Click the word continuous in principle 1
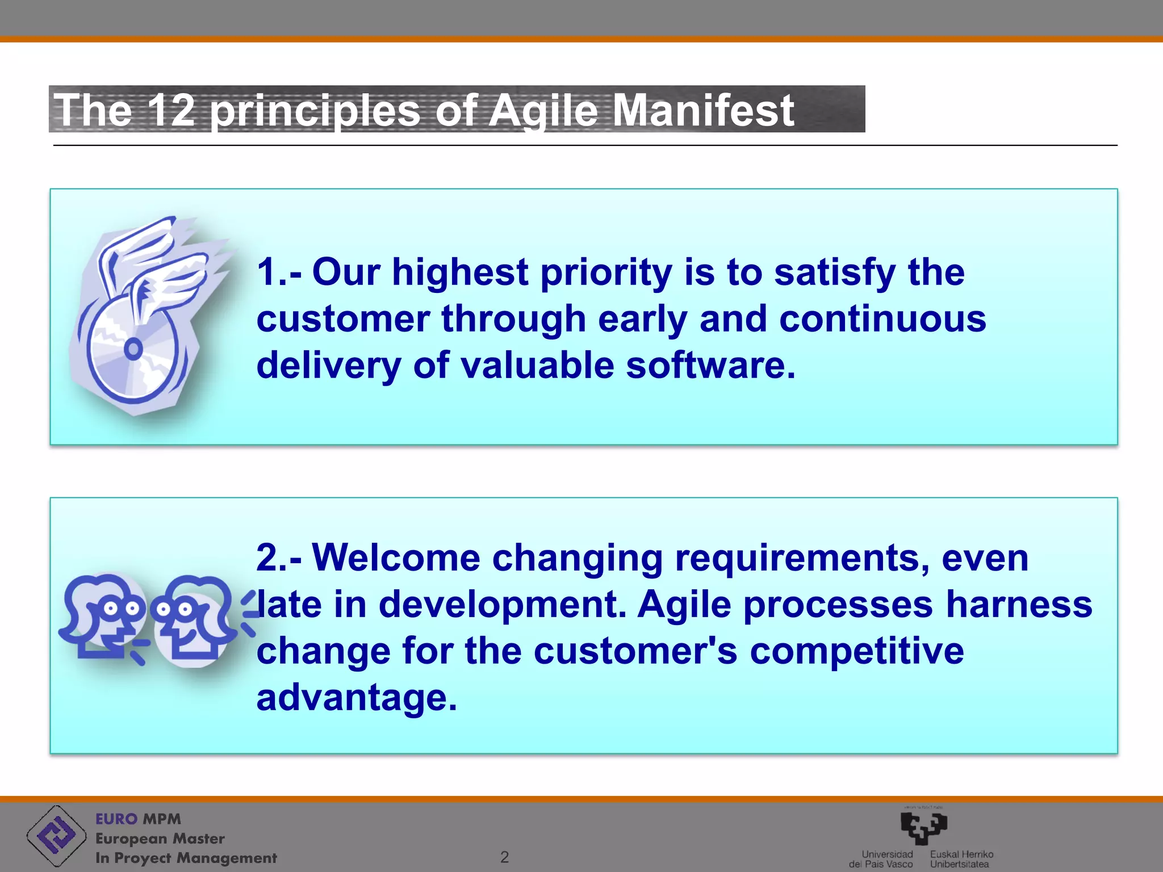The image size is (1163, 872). coord(882,318)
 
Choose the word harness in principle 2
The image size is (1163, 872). coord(1019,604)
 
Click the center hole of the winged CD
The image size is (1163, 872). coord(133,349)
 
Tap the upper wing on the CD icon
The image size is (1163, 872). coord(139,244)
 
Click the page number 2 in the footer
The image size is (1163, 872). coord(504,857)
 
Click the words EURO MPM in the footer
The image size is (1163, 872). coord(138,819)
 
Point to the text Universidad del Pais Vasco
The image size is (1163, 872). coord(881,859)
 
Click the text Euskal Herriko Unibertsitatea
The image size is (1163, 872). coord(961,859)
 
